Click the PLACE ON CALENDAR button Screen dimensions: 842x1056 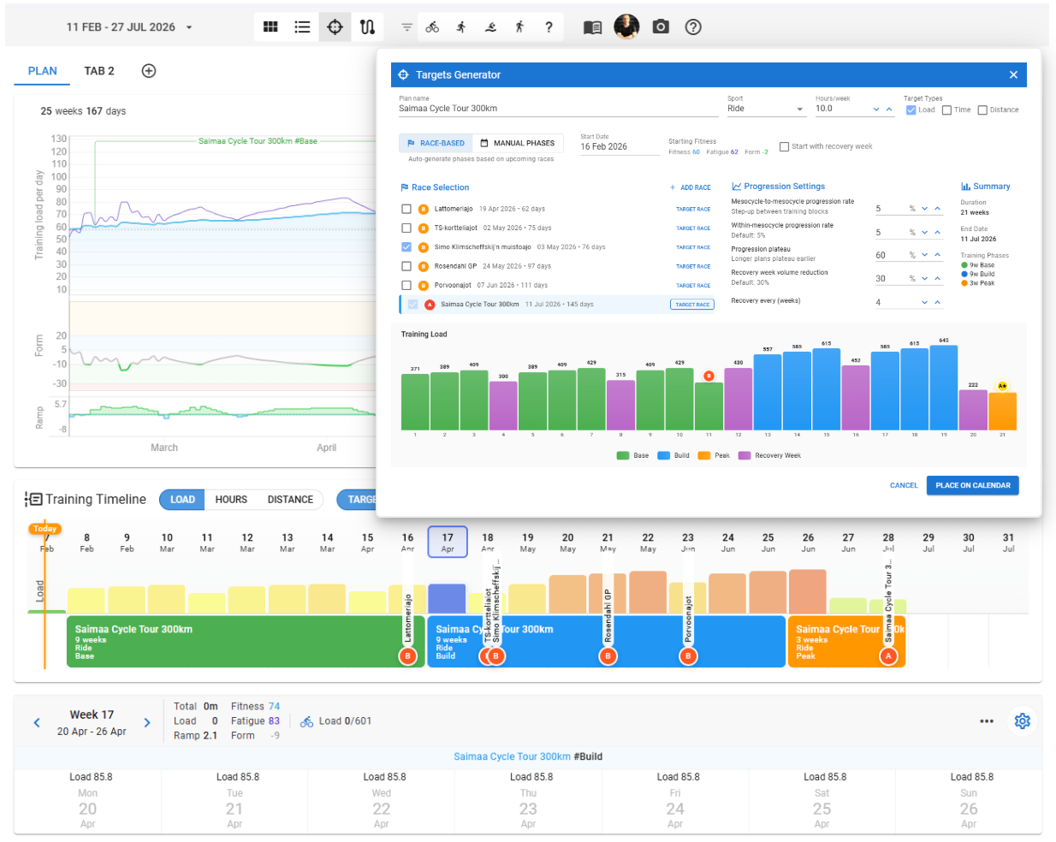[x=972, y=485]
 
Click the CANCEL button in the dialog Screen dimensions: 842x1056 [x=903, y=485]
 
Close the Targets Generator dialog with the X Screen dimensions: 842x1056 [x=1013, y=75]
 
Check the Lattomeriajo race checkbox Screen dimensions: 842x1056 [x=406, y=209]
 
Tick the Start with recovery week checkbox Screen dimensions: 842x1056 [x=784, y=146]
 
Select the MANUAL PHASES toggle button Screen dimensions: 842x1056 [x=517, y=143]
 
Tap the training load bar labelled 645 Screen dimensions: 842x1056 [x=943, y=387]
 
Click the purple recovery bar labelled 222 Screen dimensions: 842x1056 [x=973, y=410]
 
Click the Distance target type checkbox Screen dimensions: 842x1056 [x=982, y=110]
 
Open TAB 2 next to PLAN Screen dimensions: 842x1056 [x=99, y=71]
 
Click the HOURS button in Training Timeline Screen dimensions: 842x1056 [x=231, y=500]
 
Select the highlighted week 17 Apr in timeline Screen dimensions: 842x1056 [x=448, y=542]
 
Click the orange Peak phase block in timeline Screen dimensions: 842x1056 [x=834, y=642]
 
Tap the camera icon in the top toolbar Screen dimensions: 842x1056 [x=661, y=27]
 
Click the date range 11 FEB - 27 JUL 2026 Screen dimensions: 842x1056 [x=128, y=27]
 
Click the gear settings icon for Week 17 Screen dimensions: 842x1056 [x=1022, y=721]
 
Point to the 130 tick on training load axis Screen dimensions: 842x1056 [x=58, y=139]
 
